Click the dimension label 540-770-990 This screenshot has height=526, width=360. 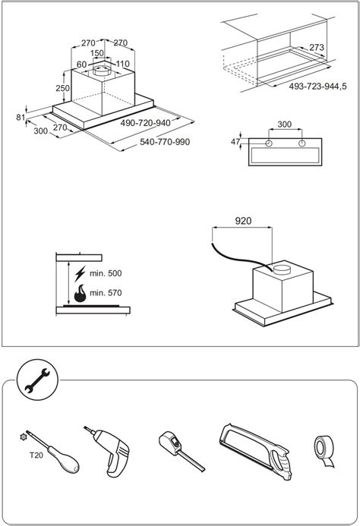[165, 142]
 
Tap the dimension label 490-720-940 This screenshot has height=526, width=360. [145, 123]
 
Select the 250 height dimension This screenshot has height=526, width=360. [63, 88]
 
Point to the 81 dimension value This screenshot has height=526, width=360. [21, 117]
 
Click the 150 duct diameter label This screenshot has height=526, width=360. [97, 53]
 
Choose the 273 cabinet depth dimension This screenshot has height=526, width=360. [317, 47]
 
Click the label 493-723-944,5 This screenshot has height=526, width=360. [317, 87]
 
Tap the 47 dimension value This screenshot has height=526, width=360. [235, 142]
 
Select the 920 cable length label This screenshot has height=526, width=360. [243, 221]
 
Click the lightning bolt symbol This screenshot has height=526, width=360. [80, 274]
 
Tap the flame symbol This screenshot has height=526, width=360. [80, 294]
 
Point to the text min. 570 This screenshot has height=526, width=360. [106, 293]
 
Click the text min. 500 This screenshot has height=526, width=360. [106, 273]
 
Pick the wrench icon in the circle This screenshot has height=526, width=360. [37, 380]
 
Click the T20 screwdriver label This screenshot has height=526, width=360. [36, 455]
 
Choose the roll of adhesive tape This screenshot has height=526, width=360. [324, 451]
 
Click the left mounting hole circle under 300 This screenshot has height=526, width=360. [269, 143]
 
